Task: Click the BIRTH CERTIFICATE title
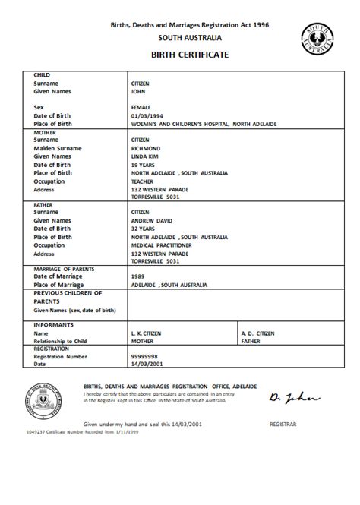coord(181,55)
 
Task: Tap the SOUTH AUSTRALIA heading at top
coord(181,36)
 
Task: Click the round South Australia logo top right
coord(319,37)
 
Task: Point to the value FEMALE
coord(143,108)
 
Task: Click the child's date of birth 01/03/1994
coord(147,115)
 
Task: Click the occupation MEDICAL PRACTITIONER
coord(161,246)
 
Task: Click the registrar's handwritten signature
coord(283,396)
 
